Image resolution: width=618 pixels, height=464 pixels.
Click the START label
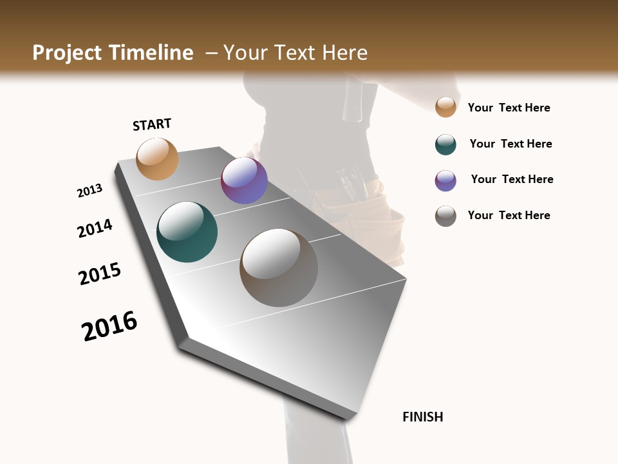(x=152, y=124)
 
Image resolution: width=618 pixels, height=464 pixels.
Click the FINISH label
(x=422, y=417)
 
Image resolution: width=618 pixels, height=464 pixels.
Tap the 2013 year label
(x=89, y=191)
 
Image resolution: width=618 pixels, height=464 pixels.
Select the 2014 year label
(x=95, y=228)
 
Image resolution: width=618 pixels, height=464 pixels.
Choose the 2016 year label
(x=109, y=326)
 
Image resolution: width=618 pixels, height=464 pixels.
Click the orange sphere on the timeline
(x=157, y=159)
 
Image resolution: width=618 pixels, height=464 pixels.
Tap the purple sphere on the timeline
(x=244, y=180)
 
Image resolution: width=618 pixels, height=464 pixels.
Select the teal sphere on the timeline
(x=187, y=232)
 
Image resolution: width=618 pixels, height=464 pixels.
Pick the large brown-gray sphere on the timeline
(x=279, y=267)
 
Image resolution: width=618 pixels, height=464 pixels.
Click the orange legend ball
(x=445, y=107)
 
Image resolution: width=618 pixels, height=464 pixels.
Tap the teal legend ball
(x=445, y=144)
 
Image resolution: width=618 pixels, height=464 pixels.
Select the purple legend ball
(x=445, y=180)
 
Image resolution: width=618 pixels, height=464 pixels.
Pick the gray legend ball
(x=445, y=216)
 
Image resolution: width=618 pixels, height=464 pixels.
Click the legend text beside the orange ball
(x=509, y=108)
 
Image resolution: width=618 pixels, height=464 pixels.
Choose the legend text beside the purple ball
(x=512, y=179)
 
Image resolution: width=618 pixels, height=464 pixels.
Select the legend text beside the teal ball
(x=510, y=144)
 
